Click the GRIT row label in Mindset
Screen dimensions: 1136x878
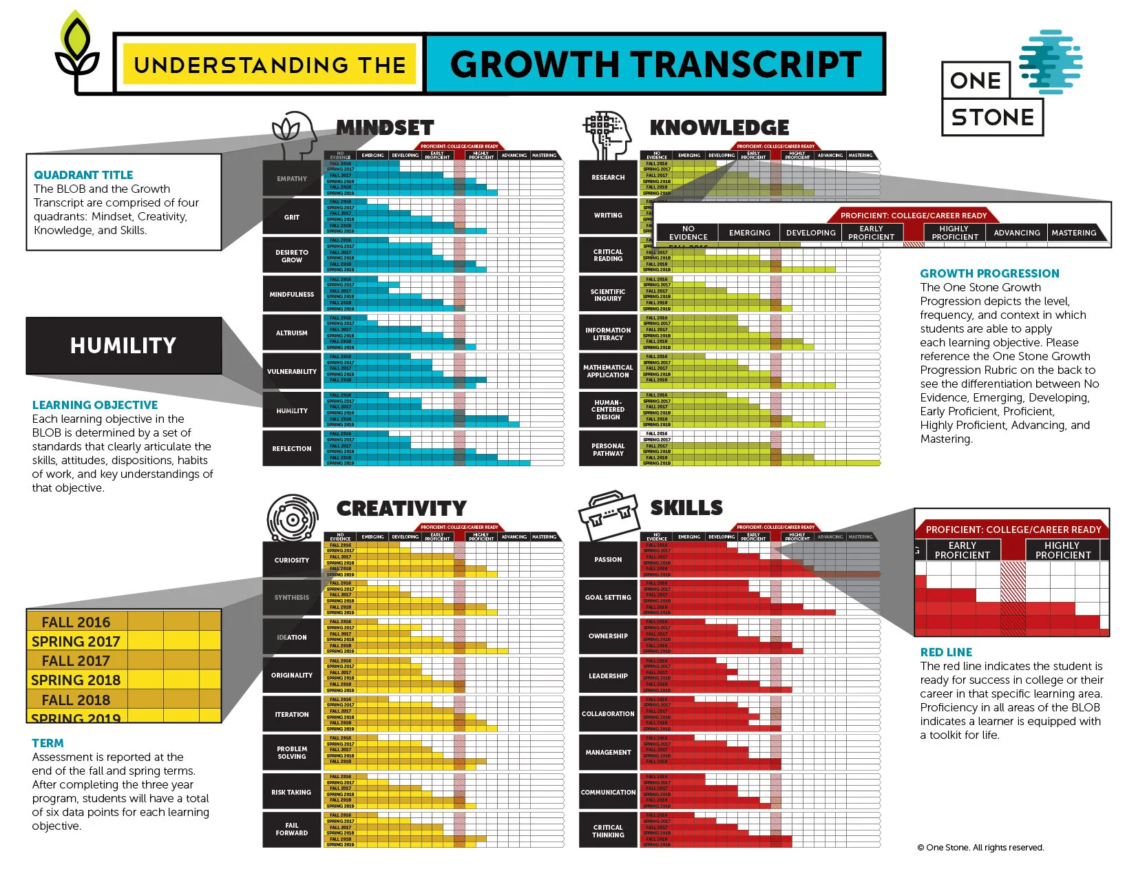coord(292,217)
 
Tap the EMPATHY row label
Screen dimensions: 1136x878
coord(292,178)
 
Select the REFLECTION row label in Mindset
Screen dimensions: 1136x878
coord(292,448)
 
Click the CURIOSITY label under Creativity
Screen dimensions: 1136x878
coord(292,560)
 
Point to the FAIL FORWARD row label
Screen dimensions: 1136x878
coord(292,829)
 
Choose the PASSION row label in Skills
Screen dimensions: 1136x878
coord(608,559)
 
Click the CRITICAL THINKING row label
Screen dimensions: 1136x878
coord(608,831)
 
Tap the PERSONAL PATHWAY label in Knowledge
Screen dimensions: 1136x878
coord(608,450)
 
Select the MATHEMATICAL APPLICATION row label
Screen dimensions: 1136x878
coord(608,371)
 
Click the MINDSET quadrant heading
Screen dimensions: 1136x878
coord(385,127)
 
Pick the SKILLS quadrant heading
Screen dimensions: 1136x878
coord(686,508)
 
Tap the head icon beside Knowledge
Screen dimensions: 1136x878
coord(608,134)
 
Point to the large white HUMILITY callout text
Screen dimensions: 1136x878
coord(123,346)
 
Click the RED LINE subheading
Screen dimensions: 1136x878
coord(946,652)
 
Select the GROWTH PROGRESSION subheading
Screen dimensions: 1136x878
coord(989,273)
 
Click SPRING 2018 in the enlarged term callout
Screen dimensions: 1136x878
coord(76,680)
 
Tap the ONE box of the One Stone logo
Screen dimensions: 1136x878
coord(976,81)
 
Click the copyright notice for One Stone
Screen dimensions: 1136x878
coord(980,848)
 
